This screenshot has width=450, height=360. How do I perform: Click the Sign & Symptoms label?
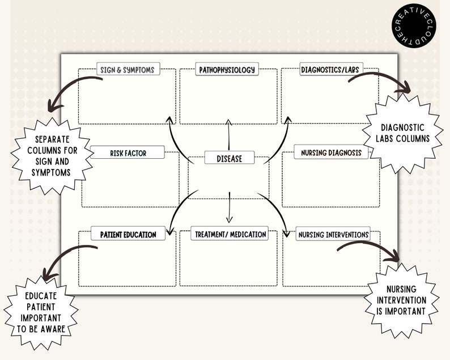128,69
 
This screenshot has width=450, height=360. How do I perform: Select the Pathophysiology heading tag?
227,69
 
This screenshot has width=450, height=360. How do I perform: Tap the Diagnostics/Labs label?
331,69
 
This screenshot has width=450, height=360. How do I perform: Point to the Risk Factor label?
128,153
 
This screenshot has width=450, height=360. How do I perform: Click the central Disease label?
230,158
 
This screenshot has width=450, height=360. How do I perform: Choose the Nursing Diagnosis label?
331,152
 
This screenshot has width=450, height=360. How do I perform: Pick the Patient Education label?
128,234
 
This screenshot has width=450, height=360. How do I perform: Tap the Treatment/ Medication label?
230,234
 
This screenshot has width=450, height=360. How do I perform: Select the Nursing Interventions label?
333,234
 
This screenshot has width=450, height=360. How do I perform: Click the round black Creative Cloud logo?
414,26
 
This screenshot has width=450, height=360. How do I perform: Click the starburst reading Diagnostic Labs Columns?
402,133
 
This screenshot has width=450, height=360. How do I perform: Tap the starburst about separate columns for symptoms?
52,156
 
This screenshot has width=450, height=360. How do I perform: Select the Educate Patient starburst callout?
41,312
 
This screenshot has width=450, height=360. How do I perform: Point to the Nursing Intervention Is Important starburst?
401,300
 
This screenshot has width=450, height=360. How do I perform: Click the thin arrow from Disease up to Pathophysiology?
229,134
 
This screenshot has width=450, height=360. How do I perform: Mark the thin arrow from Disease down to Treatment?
230,207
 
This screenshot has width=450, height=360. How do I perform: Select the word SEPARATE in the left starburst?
52,139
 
